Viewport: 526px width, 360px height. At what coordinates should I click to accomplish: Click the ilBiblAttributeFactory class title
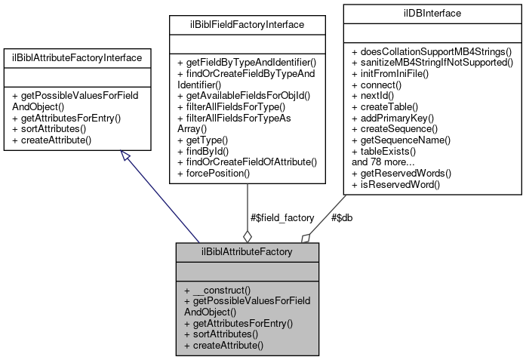tap(247, 251)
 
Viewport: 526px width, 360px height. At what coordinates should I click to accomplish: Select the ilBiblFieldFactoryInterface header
tap(248, 25)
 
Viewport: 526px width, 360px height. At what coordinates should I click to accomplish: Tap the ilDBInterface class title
tap(433, 13)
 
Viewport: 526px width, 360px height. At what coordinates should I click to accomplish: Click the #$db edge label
tap(342, 217)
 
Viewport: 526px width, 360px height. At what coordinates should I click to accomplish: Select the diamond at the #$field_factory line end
tap(248, 235)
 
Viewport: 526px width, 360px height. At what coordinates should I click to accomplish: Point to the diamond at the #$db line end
tap(306, 237)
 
